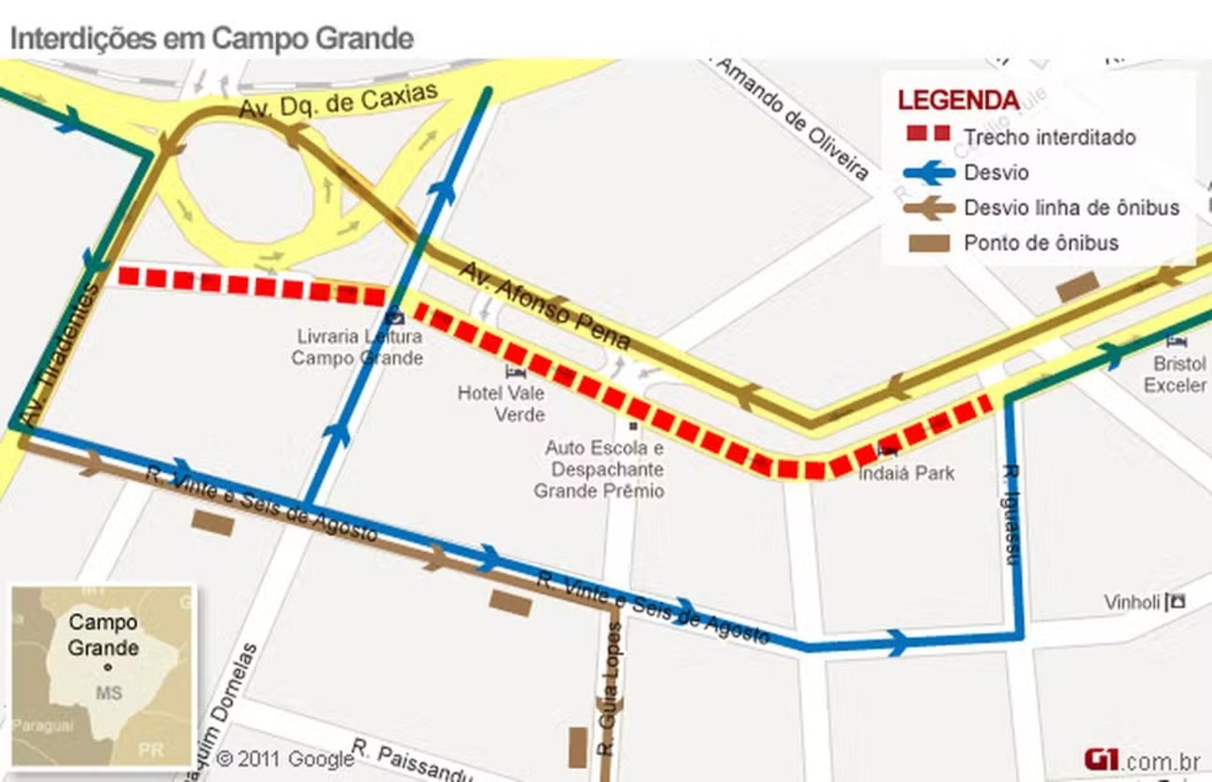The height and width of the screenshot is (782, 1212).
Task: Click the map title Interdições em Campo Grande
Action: (211, 38)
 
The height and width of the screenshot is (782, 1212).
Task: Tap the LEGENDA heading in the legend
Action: (957, 100)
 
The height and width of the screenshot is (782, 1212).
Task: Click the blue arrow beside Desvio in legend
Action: (930, 172)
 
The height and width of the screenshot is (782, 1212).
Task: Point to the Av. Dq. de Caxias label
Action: (337, 101)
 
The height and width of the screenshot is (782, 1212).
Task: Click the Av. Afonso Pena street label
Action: (544, 306)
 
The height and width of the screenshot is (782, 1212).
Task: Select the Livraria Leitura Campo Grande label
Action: (359, 347)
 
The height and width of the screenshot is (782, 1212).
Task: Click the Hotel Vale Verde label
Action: (502, 403)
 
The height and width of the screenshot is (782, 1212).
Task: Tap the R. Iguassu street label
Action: (1011, 514)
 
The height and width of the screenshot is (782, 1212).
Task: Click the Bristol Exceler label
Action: (1175, 374)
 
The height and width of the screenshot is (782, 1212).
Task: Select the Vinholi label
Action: (1133, 602)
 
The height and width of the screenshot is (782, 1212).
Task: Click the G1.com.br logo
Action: (1141, 760)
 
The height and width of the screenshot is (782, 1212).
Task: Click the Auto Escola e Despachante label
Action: (604, 469)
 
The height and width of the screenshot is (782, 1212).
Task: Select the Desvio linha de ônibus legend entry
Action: (1071, 208)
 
